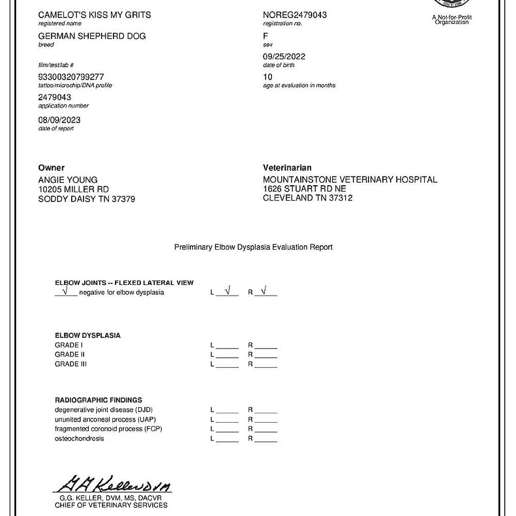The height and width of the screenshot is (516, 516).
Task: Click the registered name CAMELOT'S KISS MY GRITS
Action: click(94, 15)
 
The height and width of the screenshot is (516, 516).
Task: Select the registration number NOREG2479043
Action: click(295, 15)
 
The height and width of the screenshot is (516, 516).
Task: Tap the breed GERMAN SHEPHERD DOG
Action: click(92, 36)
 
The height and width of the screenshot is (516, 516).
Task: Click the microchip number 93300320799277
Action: click(71, 77)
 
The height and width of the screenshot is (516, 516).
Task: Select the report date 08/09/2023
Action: click(59, 120)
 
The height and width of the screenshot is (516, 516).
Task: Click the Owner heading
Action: click(52, 168)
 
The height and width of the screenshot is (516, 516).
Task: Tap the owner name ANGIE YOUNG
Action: click(68, 180)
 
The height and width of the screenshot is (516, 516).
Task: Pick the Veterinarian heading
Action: click(287, 168)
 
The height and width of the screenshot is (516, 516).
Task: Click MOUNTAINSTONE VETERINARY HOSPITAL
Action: click(350, 180)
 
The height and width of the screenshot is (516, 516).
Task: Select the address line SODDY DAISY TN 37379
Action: click(87, 199)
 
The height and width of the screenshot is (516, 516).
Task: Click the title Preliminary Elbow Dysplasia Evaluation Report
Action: click(253, 247)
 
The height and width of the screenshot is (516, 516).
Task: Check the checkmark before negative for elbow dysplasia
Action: click(65, 292)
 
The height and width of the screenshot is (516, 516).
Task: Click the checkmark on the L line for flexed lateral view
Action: click(228, 291)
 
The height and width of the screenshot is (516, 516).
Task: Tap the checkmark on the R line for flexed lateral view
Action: click(264, 291)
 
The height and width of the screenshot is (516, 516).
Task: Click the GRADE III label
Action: click(71, 364)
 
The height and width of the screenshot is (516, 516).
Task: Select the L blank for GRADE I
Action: click(227, 345)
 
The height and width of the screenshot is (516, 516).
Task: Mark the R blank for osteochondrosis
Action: click(266, 439)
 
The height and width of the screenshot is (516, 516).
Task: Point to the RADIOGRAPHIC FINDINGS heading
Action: click(99, 400)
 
